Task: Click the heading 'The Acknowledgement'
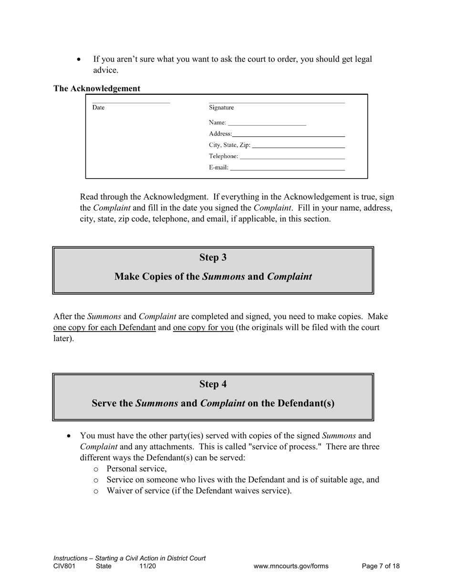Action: click(x=97, y=89)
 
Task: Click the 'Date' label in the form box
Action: click(x=98, y=108)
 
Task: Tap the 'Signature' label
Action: click(x=221, y=108)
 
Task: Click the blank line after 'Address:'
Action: click(x=288, y=135)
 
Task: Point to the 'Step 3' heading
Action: click(x=213, y=258)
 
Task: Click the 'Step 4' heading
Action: click(x=213, y=384)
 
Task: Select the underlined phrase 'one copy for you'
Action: click(x=203, y=328)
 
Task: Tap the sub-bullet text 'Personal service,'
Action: click(x=137, y=468)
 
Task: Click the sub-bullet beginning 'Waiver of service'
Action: click(x=199, y=491)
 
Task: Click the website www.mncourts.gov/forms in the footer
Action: click(x=291, y=566)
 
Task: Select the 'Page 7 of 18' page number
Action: click(x=381, y=566)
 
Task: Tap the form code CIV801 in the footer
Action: click(x=64, y=566)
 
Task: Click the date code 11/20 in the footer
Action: click(x=147, y=566)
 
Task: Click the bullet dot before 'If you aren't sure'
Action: click(x=79, y=60)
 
